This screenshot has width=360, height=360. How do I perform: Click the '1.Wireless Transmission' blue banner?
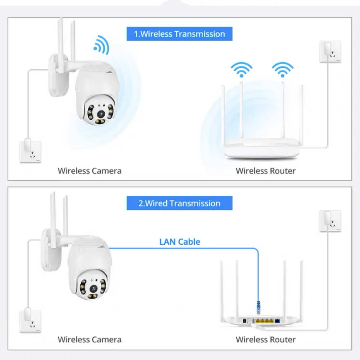[179, 34]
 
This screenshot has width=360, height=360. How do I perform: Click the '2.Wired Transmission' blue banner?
[179, 203]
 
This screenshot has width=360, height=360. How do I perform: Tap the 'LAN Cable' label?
[180, 242]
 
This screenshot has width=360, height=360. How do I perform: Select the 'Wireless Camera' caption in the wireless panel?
[90, 171]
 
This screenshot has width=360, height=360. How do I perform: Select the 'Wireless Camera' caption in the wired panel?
[90, 340]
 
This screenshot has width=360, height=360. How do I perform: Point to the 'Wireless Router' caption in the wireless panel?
[266, 171]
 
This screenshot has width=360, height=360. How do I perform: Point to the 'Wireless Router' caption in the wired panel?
[266, 340]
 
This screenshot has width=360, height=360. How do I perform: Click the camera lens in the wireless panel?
[101, 114]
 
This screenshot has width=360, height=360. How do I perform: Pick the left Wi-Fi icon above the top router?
[242, 69]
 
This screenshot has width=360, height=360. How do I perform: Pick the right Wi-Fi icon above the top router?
[283, 69]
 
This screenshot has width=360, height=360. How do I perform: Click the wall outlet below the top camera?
[30, 152]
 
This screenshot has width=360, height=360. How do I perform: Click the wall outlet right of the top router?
[330, 51]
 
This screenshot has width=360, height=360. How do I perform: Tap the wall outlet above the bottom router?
[330, 221]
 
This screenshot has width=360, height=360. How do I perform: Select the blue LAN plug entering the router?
[258, 307]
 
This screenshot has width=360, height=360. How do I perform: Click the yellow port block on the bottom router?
[265, 321]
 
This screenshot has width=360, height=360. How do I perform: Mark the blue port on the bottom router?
[277, 321]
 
